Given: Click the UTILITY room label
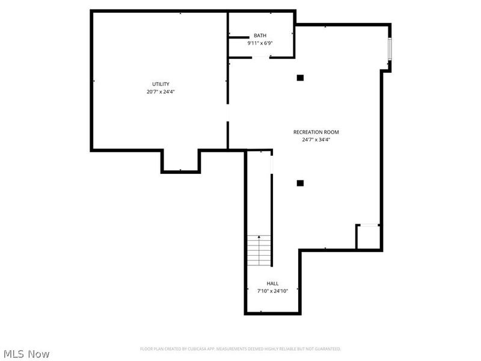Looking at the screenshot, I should click(x=161, y=84).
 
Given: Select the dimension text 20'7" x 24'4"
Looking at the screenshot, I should click(x=161, y=92).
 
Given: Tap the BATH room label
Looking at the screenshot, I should click(x=260, y=35).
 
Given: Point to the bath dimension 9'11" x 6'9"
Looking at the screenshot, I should click(x=260, y=43).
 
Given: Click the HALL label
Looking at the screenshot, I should click(x=272, y=283).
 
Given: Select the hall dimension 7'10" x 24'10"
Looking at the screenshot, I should click(x=272, y=291).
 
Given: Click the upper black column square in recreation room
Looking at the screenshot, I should click(x=300, y=77).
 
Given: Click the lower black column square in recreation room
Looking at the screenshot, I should click(x=300, y=183).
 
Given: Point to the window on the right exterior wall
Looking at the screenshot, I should click(x=390, y=49).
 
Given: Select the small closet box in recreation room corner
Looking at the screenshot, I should click(x=367, y=236).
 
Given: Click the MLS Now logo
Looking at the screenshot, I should click(x=26, y=354).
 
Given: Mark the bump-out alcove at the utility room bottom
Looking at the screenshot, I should click(x=180, y=161).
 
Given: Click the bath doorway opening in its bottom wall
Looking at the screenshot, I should click(x=260, y=57).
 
